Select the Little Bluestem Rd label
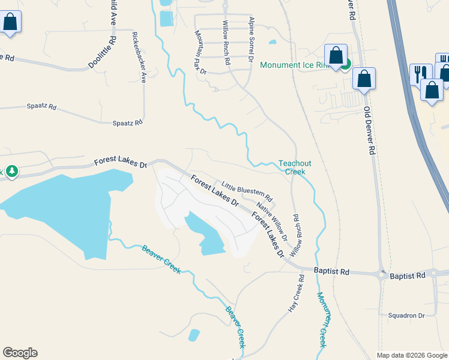tap(247, 191)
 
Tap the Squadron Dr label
tap(406, 315)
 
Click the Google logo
tap(20, 353)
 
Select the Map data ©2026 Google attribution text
tap(411, 355)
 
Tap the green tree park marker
tap(11, 172)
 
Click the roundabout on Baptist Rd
tap(382, 274)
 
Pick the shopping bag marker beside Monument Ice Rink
tap(336, 56)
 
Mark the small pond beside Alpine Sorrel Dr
tap(273, 42)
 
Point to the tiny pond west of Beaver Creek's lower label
tap(194, 335)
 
